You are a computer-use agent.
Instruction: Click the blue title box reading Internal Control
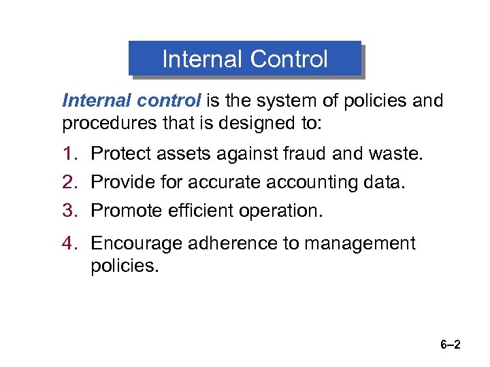(245, 59)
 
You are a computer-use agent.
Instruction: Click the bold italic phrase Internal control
(131, 101)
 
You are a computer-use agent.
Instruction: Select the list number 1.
(71, 154)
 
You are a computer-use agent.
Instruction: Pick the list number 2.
(71, 182)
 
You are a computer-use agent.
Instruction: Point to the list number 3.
(71, 211)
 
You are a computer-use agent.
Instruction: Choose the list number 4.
(71, 243)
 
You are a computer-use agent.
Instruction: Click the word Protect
(120, 154)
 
